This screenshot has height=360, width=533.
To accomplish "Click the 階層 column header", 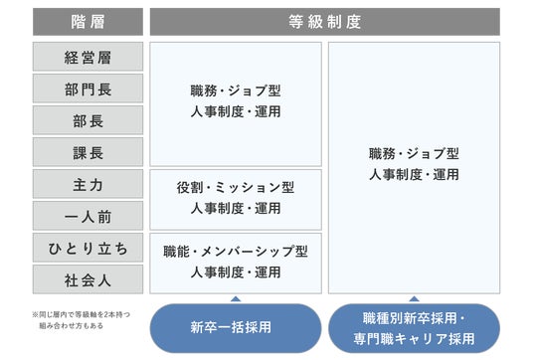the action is click(x=88, y=22).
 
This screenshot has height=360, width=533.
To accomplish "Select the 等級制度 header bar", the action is click(x=324, y=22).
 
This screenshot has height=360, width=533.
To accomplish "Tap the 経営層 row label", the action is click(x=88, y=57).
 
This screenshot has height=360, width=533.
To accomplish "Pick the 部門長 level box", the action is click(x=88, y=89).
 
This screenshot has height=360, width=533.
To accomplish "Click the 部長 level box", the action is click(x=88, y=120).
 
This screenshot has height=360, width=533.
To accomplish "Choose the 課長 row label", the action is click(x=88, y=152).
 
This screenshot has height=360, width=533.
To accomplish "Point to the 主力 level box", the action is click(x=88, y=184).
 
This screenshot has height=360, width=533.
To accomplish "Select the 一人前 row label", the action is click(x=88, y=216).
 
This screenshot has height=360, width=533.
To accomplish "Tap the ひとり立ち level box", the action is click(x=88, y=248).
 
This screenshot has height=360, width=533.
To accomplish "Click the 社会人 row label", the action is click(x=88, y=279).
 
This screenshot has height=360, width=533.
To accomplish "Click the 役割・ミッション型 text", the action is click(x=236, y=188).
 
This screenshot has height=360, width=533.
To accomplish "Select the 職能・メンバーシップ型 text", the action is click(x=236, y=252).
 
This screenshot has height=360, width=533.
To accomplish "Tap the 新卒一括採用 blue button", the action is click(x=236, y=328).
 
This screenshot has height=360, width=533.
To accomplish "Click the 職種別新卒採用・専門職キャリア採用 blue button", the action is click(x=414, y=328).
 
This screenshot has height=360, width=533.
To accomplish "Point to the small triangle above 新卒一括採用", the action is click(x=236, y=299).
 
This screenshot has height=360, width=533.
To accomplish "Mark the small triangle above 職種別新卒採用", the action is click(x=414, y=299).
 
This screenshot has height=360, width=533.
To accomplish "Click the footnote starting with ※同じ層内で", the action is click(x=81, y=320).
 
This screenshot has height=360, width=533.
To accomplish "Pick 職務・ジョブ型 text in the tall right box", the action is click(x=414, y=154).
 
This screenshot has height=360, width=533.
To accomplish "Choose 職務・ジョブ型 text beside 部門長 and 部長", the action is click(x=236, y=90).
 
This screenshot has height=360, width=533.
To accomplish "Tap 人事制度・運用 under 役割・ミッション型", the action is click(x=236, y=209).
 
